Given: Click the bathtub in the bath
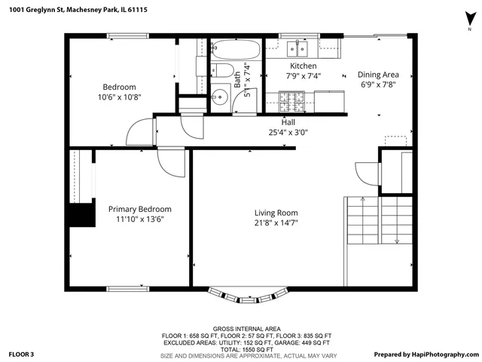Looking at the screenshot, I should pos(236,51).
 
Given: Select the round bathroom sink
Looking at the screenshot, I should pos(219,97).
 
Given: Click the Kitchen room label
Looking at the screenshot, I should pos(303,66).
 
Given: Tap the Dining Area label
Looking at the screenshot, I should pos(377,75).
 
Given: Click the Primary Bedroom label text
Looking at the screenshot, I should pos(139,209).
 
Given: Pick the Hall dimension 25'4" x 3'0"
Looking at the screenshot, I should pos(288,132).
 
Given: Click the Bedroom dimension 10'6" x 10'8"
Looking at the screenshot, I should pos(119,97).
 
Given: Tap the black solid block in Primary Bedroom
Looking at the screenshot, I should pos(81,215).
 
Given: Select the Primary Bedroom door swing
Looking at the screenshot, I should pos(172,162).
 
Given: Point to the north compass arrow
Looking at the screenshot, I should pos(469,19).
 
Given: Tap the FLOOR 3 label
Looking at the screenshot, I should pos(22,354).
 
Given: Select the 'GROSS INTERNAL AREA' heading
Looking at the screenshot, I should pos(246,329).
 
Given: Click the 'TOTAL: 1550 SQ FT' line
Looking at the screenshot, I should pos(246,349).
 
